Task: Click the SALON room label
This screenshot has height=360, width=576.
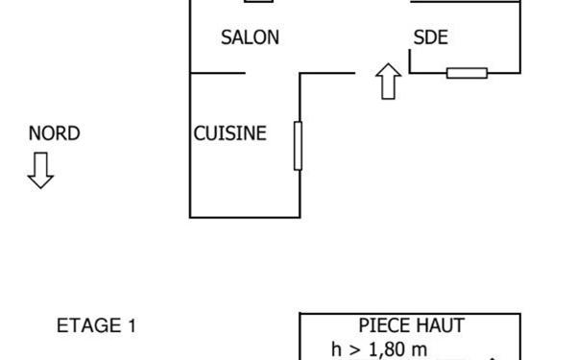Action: pos(250,37)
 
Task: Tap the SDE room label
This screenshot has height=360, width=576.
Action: pos(430,37)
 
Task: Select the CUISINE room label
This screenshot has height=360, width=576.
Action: pos(230,133)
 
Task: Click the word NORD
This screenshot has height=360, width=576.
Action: pos(54,133)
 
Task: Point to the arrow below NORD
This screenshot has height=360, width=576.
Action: pos(40,170)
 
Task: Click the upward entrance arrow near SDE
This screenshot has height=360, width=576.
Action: pos(388,82)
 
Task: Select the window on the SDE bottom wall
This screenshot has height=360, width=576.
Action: pos(467,73)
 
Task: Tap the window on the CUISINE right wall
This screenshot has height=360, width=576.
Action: pos(298,146)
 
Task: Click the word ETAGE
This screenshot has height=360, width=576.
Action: pos(89,325)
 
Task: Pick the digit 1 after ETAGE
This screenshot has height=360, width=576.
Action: pos(132,325)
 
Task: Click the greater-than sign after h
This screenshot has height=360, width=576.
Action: pos(355,350)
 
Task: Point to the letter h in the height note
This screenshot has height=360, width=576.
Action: pos(336,349)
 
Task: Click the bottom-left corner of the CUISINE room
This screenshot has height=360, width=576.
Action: pos(190,218)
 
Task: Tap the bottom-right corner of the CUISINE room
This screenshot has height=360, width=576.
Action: pos(300,218)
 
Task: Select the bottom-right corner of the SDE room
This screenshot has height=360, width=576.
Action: pos(520,73)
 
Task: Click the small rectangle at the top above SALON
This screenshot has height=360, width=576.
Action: pos(258,1)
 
